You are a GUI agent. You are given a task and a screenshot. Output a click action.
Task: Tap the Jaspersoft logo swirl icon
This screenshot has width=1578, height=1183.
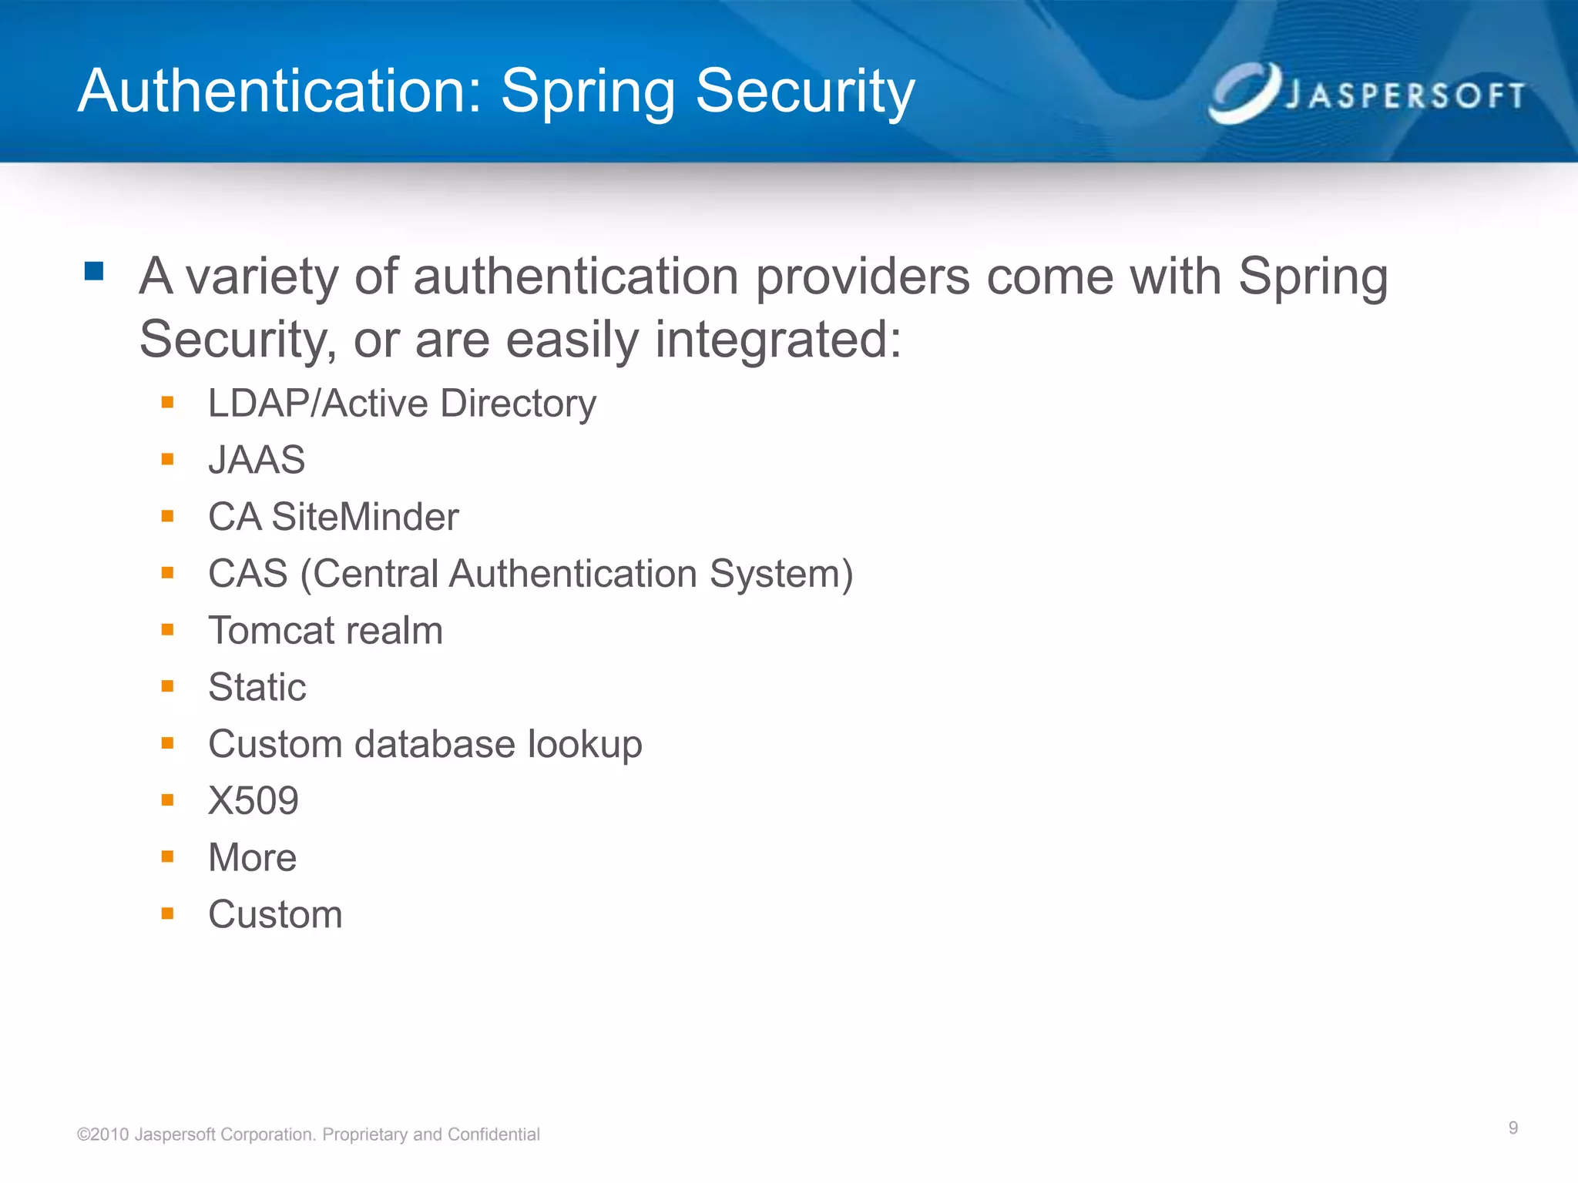pyautogui.click(x=1243, y=93)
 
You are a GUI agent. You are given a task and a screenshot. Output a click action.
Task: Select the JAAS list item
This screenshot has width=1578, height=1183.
pyautogui.click(x=257, y=460)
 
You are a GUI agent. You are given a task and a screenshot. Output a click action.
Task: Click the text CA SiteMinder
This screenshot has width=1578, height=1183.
pyautogui.click(x=333, y=517)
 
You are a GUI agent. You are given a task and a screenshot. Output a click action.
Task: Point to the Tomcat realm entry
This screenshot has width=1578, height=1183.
pyautogui.click(x=325, y=631)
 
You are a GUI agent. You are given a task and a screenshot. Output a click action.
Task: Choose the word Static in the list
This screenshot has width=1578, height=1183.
pyautogui.click(x=257, y=687)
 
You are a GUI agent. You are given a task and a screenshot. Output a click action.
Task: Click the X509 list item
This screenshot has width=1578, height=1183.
pyautogui.click(x=253, y=801)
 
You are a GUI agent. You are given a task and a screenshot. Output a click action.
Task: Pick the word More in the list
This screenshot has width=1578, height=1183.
pyautogui.click(x=252, y=857)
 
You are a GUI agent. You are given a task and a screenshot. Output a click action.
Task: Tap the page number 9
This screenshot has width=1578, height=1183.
pyautogui.click(x=1513, y=1128)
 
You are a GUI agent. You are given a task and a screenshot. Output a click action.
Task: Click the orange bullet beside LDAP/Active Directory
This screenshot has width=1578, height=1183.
pyautogui.click(x=167, y=402)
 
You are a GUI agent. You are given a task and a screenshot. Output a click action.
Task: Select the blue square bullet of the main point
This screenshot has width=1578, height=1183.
pyautogui.click(x=94, y=271)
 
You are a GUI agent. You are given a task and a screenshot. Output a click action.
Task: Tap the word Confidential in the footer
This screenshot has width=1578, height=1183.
pyautogui.click(x=493, y=1134)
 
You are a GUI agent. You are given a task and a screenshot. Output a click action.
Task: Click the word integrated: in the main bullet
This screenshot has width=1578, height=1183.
pyautogui.click(x=777, y=340)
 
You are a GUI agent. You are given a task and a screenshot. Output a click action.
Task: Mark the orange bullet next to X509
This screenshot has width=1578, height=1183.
pyautogui.click(x=167, y=800)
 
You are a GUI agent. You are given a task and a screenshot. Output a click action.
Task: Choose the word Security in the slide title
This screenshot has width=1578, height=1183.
pyautogui.click(x=804, y=92)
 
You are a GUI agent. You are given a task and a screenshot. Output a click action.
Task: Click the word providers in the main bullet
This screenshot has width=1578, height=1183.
pyautogui.click(x=861, y=276)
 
